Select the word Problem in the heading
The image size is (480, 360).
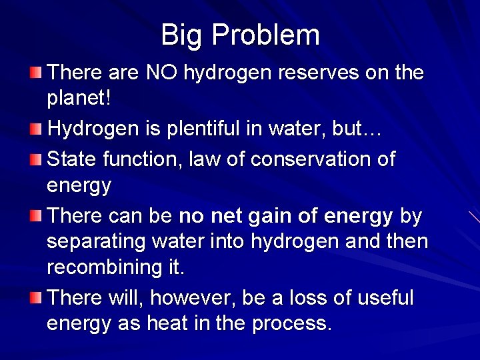(267, 35)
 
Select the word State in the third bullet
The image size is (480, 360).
(72, 160)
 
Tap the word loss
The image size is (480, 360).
(319, 298)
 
